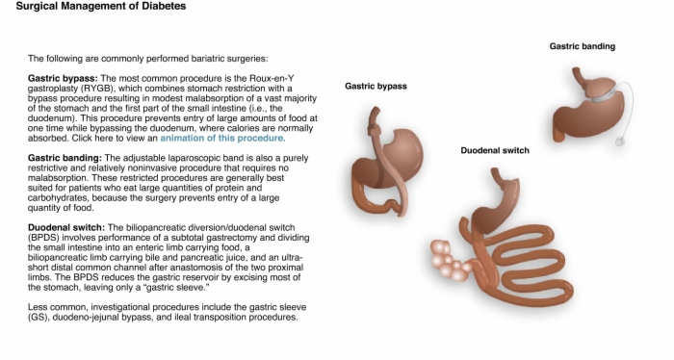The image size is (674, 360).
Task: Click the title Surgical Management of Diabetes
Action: pyautogui.click(x=101, y=6)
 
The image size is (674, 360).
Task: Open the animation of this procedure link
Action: pyautogui.click(x=222, y=139)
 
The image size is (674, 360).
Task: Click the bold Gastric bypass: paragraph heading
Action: pyautogui.click(x=63, y=79)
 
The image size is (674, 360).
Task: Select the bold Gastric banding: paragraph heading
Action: pyautogui.click(x=65, y=158)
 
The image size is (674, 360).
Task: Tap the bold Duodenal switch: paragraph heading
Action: pyautogui.click(x=66, y=228)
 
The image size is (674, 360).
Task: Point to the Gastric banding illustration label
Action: pyautogui.click(x=582, y=46)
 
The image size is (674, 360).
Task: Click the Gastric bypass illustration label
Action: pyautogui.click(x=376, y=87)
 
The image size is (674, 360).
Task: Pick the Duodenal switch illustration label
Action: pyautogui.click(x=495, y=150)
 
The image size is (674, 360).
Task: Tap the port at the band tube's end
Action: pyautogui.click(x=619, y=141)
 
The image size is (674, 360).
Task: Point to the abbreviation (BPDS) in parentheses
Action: pyautogui.click(x=43, y=238)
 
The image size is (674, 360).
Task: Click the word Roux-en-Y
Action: pyautogui.click(x=272, y=79)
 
